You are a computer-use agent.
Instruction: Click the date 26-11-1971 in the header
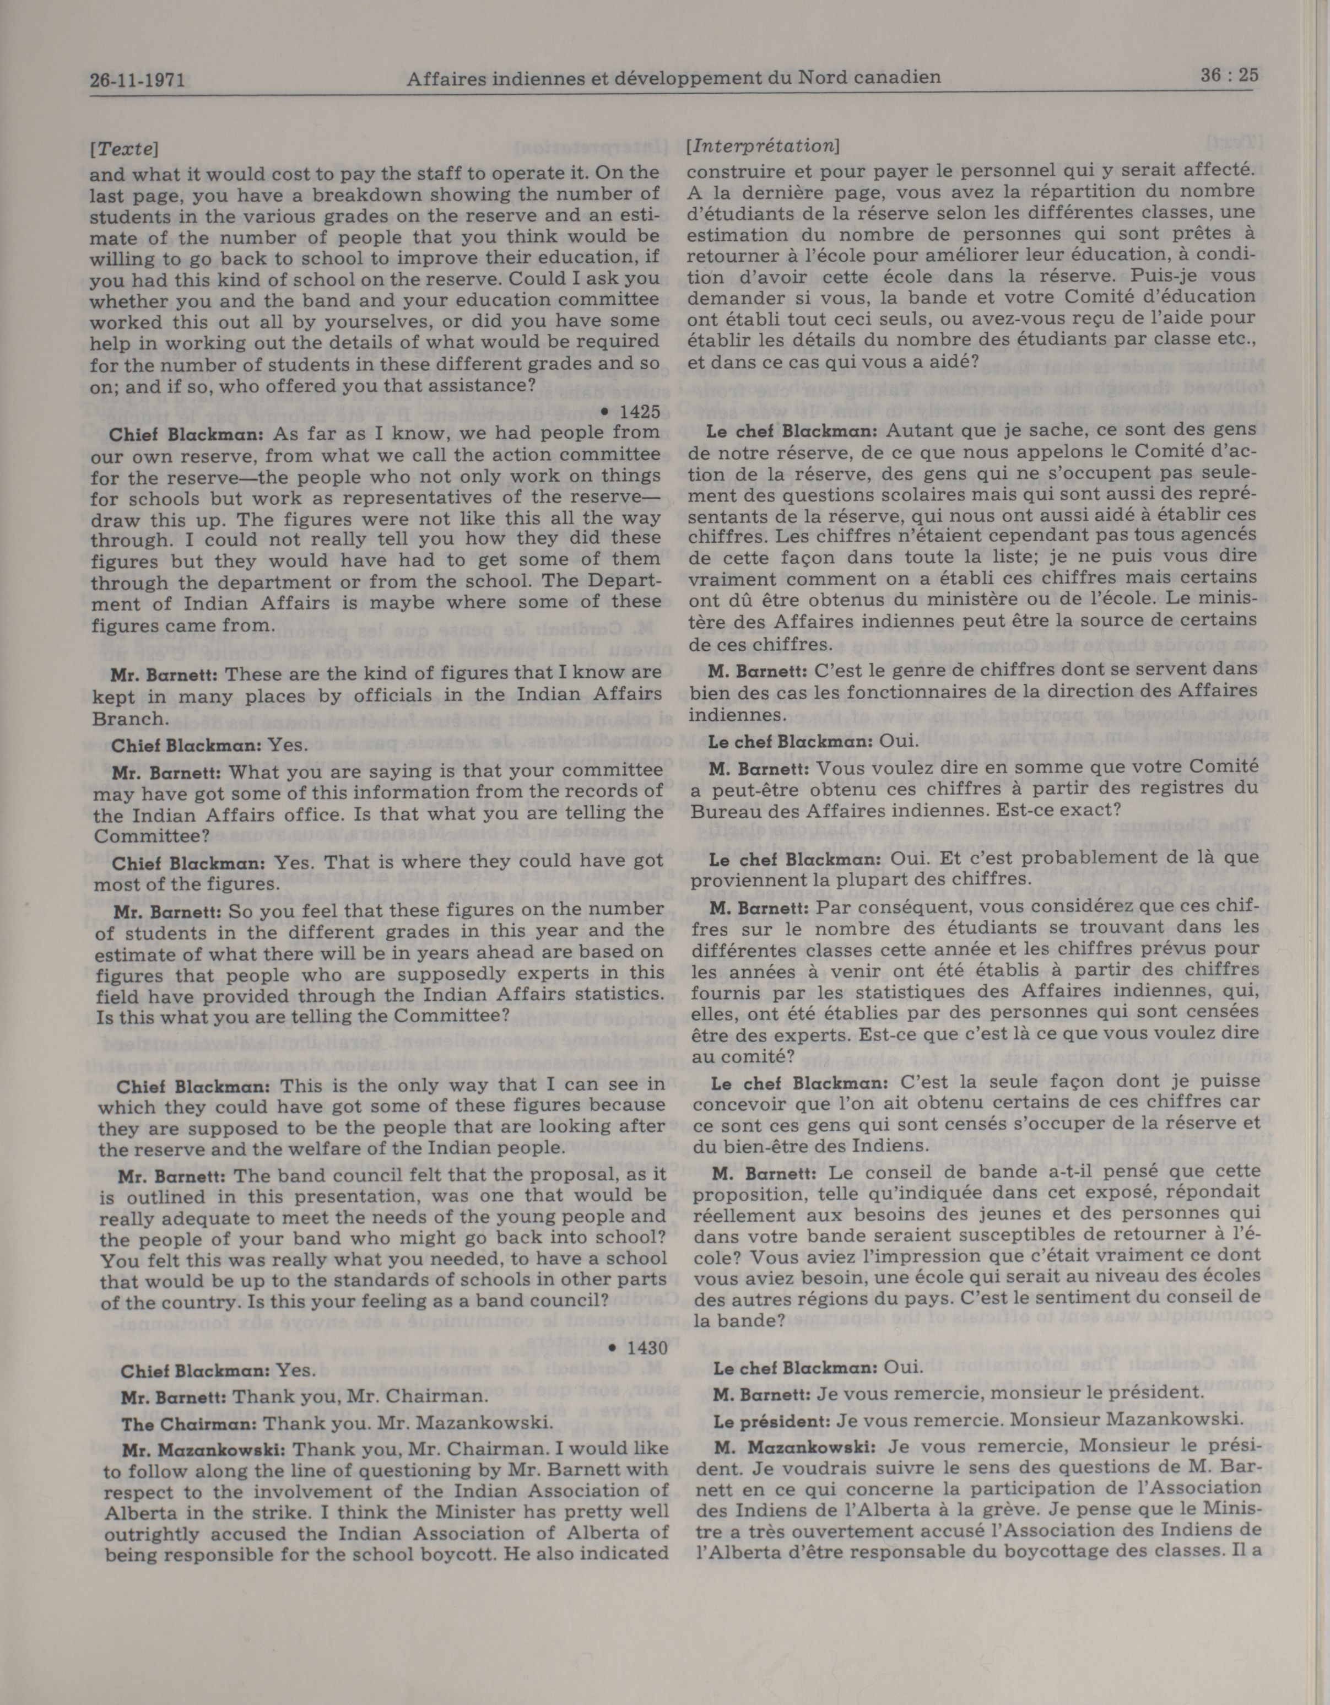click(141, 79)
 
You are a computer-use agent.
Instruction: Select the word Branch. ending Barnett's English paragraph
click(129, 718)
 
